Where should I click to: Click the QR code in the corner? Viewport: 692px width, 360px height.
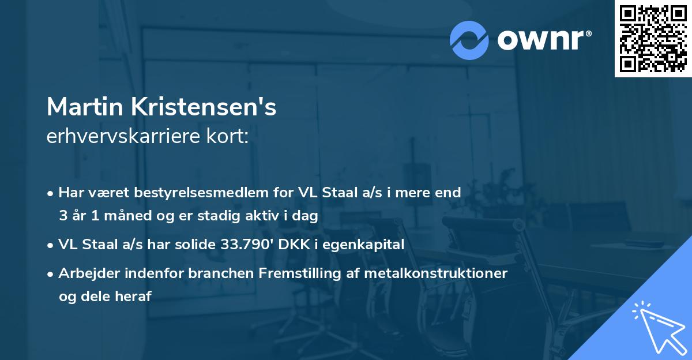point(653,39)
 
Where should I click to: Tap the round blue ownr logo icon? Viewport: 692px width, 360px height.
point(469,40)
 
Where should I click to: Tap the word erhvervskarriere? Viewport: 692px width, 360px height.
point(125,137)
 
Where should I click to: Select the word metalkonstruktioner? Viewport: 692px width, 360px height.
point(435,273)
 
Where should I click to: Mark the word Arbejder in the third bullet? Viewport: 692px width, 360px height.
point(84,273)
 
